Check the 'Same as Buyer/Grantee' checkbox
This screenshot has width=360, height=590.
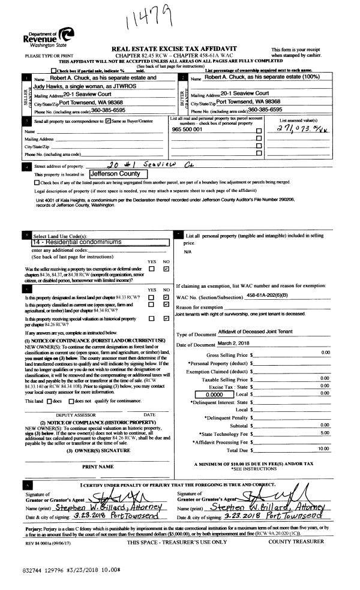coord(107,122)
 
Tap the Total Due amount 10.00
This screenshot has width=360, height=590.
coord(323,448)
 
